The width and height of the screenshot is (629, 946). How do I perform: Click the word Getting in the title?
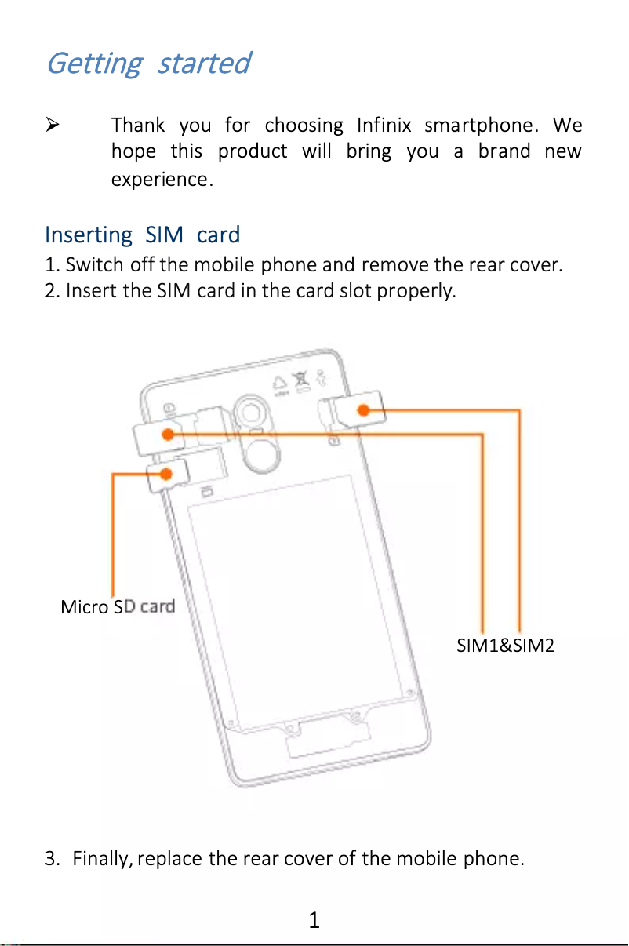pos(93,63)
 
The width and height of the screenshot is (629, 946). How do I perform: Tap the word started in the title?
pos(203,63)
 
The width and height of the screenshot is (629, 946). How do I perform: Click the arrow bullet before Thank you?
pos(53,125)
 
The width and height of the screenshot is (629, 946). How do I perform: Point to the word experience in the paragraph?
pos(159,180)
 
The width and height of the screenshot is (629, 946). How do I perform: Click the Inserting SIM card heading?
pos(142,235)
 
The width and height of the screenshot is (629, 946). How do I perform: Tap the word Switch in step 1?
pos(92,264)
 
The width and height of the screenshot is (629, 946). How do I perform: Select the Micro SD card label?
pos(118,606)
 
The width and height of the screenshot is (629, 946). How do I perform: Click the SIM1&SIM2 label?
pos(506,646)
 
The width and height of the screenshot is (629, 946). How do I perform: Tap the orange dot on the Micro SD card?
pos(166,473)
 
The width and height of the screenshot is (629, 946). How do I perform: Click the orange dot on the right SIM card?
pos(364,409)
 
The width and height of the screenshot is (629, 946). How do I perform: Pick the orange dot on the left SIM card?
pos(168,433)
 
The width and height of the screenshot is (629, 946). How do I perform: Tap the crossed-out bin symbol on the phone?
pos(300,384)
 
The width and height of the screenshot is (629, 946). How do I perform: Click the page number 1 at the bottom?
pos(314,919)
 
